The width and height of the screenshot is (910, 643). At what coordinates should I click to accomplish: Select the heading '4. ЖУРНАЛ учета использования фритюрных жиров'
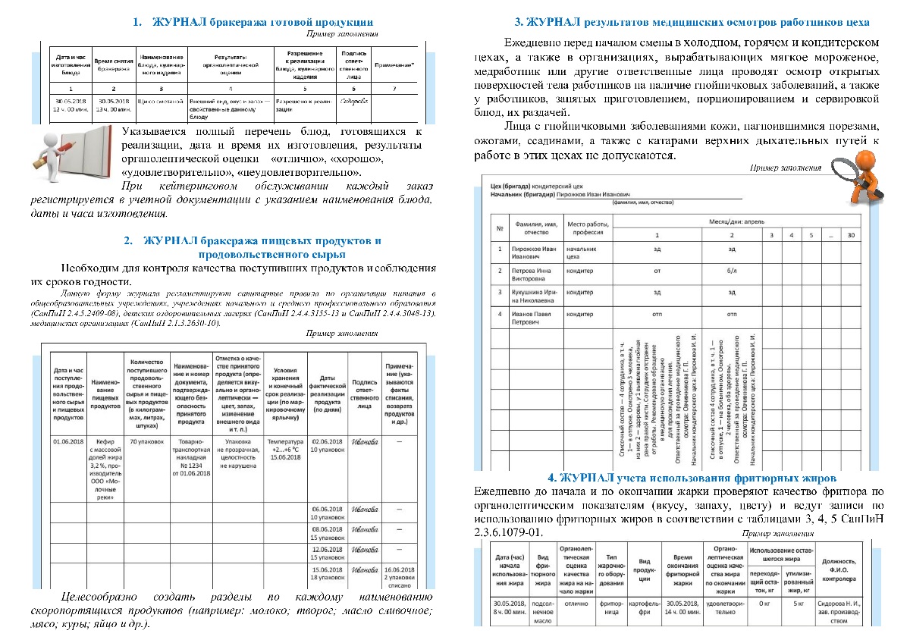[692, 478]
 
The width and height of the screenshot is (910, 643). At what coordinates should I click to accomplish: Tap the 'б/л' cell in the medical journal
[732, 271]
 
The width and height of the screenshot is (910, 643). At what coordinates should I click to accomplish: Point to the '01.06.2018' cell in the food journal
[68, 441]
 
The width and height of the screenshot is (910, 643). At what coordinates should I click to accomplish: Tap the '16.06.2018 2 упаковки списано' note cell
[402, 576]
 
